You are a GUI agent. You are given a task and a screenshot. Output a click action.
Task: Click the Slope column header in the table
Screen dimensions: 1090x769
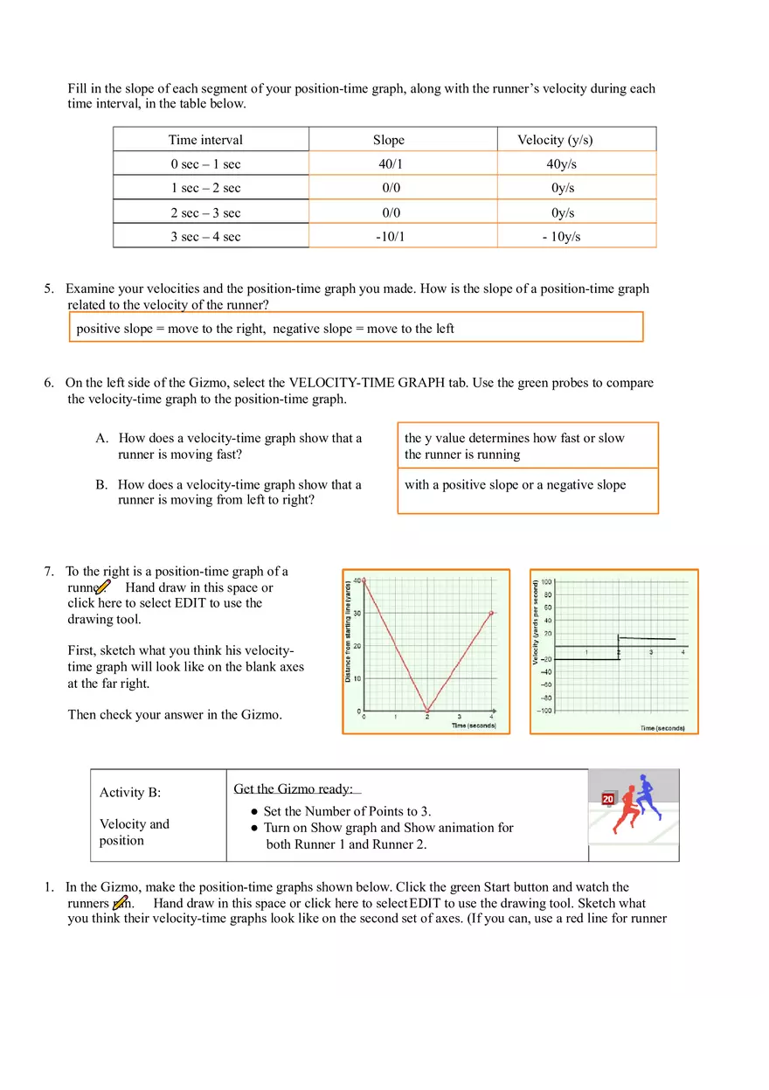click(388, 140)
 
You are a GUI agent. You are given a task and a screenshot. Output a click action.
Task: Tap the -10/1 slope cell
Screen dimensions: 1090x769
click(390, 237)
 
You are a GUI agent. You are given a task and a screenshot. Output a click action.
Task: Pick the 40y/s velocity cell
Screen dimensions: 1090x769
click(561, 164)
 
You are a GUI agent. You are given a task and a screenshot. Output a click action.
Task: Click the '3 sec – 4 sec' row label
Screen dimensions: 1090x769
click(205, 237)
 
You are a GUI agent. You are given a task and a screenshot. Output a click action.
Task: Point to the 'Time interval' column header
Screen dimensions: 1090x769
click(205, 140)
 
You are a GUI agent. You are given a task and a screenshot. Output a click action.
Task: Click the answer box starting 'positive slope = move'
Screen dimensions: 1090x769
click(355, 327)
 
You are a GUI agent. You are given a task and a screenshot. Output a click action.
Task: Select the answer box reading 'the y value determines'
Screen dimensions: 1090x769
click(527, 446)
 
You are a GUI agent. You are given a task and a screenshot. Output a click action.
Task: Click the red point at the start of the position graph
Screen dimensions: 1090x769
click(364, 580)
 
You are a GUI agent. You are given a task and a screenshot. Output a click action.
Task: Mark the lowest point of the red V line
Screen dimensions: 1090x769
click(427, 710)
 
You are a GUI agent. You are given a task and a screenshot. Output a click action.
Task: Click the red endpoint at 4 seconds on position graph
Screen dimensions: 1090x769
click(492, 614)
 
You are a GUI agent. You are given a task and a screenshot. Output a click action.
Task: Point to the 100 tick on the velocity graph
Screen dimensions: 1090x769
click(546, 581)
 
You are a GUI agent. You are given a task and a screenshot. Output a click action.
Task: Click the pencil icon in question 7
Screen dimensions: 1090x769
click(103, 587)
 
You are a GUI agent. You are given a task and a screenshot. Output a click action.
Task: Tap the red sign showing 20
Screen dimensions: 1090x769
click(608, 799)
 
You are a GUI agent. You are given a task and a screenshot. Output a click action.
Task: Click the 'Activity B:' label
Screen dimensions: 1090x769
click(130, 793)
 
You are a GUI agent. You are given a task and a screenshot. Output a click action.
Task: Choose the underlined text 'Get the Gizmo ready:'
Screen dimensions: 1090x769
click(294, 789)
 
